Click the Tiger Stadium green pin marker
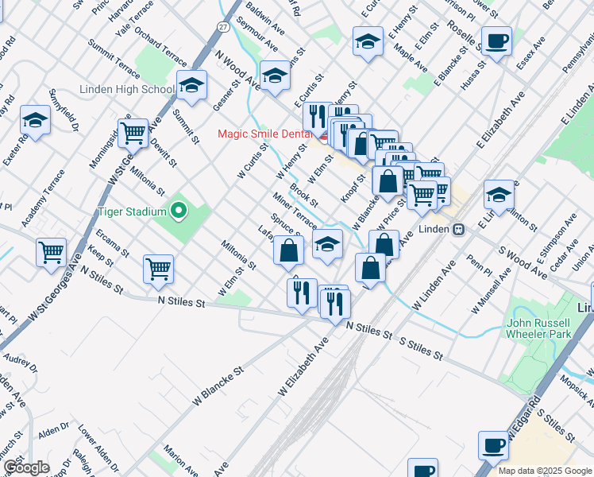[179, 211]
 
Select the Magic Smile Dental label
[265, 134]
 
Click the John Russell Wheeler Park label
[538, 329]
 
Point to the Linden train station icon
[458, 229]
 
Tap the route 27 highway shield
[224, 26]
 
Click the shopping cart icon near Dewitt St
[133, 133]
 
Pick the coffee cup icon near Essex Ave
[497, 41]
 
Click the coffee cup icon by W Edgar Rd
[493, 445]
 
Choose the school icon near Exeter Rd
[36, 120]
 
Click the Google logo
[27, 467]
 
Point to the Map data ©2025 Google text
[545, 471]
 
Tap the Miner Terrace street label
[295, 209]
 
